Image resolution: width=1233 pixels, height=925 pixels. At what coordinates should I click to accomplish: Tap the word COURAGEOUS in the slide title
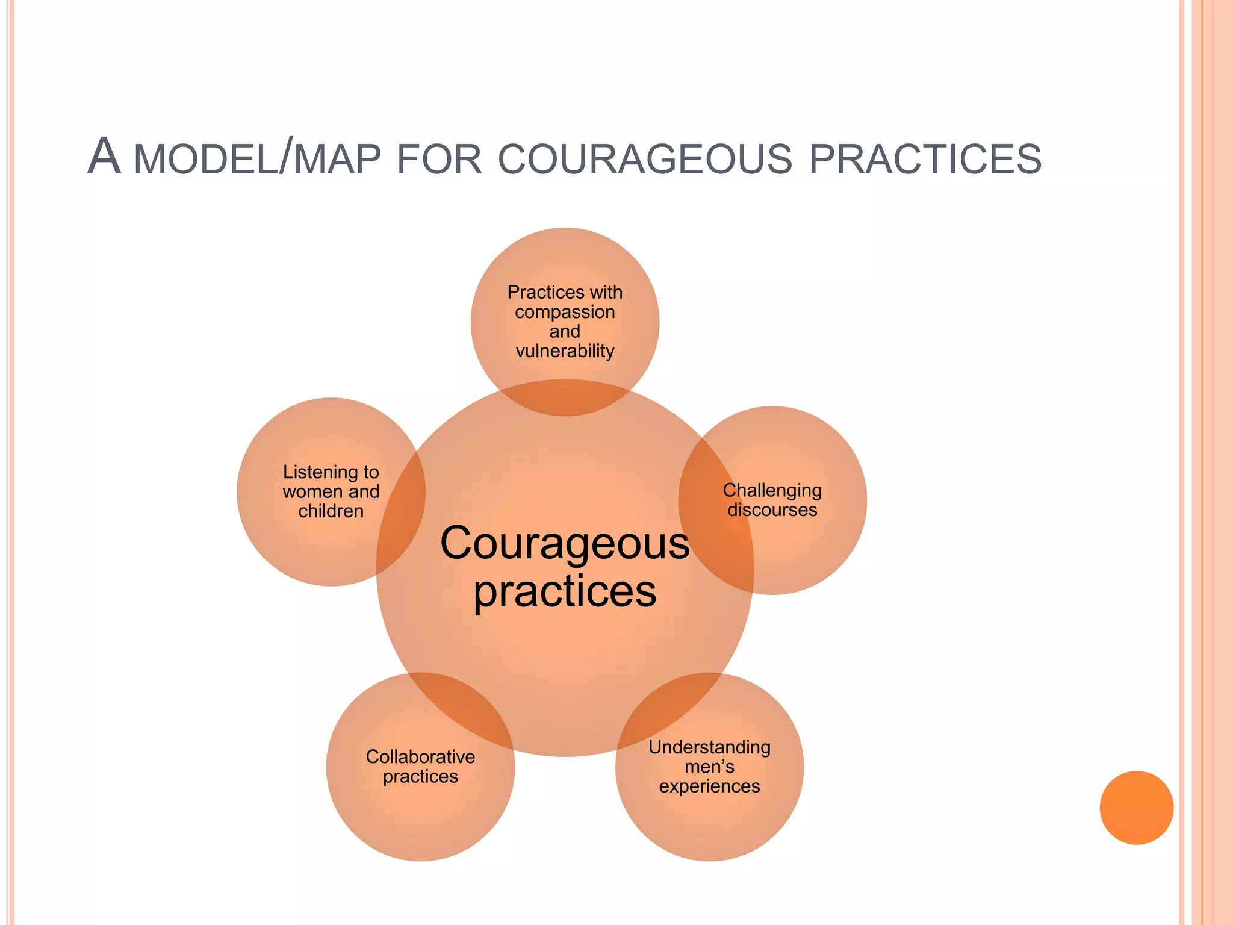click(x=645, y=160)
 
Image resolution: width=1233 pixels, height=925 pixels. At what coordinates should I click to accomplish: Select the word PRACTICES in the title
click(x=925, y=160)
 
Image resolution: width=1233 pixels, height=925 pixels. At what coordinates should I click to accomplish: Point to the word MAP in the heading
click(x=337, y=160)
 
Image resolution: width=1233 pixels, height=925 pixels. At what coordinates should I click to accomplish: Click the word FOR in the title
click(x=439, y=160)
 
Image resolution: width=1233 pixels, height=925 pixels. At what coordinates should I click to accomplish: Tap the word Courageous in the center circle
click(x=565, y=544)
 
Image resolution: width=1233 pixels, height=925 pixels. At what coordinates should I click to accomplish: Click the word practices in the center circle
click(x=565, y=592)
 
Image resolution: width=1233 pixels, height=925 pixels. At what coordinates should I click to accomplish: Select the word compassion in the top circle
click(x=565, y=312)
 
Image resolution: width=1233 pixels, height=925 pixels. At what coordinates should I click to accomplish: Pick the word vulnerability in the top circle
click(x=565, y=351)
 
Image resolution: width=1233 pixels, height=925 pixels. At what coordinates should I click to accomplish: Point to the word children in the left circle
click(x=331, y=511)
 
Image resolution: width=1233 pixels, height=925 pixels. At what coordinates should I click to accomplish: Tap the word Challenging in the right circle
click(x=772, y=491)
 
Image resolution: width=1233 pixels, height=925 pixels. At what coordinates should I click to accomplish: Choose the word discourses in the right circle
click(x=772, y=510)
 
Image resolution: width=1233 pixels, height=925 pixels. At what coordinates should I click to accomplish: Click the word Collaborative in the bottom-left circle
click(x=420, y=756)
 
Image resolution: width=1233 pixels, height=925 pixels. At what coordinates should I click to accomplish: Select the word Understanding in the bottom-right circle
click(x=709, y=747)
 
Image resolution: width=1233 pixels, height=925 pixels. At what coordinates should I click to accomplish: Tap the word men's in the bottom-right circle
click(x=709, y=767)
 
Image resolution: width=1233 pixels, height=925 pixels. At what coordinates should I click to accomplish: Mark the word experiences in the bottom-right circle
click(x=709, y=786)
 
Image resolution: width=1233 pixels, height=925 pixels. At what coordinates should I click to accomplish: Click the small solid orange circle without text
click(x=1136, y=808)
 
